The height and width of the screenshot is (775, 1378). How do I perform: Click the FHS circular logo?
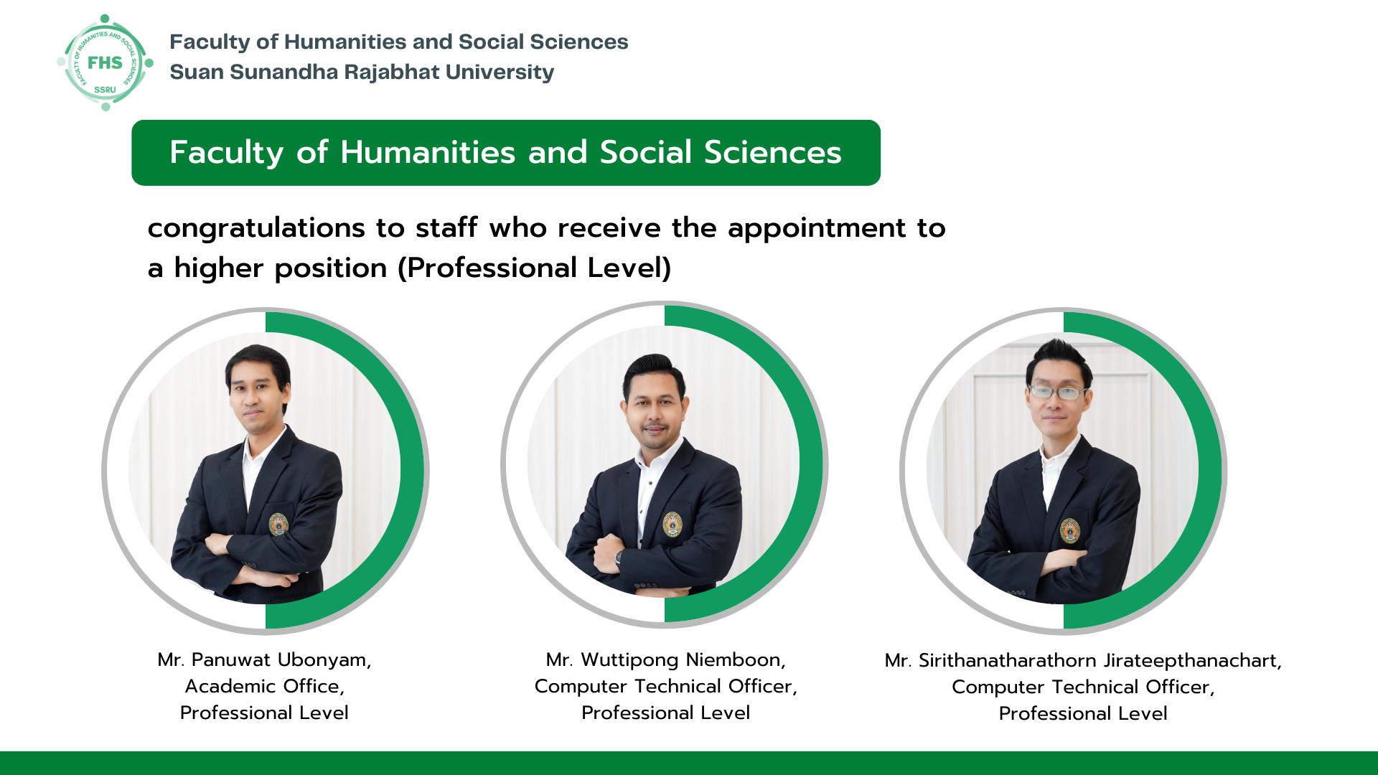[106, 63]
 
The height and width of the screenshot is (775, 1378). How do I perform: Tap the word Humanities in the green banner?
[428, 152]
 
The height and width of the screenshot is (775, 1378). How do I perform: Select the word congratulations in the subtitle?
[256, 229]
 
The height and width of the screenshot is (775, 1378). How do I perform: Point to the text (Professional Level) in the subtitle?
[535, 268]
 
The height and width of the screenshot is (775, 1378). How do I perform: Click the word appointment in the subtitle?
[817, 229]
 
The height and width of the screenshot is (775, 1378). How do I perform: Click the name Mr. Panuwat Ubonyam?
[264, 659]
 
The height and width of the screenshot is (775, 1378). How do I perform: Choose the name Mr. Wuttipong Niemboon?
[665, 659]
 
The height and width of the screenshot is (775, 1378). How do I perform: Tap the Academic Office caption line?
[264, 686]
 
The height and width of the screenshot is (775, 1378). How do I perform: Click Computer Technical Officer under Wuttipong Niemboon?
[665, 686]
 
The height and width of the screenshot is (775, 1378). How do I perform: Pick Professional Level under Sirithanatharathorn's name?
[1083, 713]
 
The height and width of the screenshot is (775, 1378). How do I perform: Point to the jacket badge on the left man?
[278, 524]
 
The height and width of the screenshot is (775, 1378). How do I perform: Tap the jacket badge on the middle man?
[672, 524]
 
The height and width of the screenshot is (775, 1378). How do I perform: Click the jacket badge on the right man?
[1070, 530]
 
